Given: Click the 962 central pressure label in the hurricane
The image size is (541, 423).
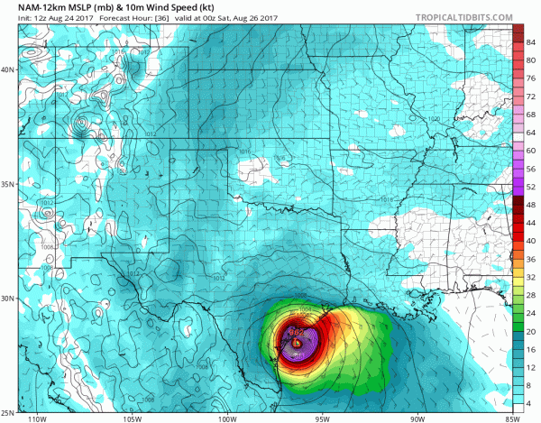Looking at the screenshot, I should (295, 332).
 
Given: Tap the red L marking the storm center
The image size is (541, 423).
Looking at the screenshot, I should (297, 342).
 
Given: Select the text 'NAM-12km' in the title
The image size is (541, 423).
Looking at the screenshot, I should (35, 7).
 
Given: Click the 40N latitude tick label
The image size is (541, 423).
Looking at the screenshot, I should (8, 69).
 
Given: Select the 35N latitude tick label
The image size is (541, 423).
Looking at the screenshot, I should (8, 184).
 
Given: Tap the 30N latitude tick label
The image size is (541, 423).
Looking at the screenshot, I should (8, 298).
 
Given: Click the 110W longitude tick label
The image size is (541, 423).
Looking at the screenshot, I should (37, 418).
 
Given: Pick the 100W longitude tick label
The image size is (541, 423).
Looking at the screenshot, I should (226, 418).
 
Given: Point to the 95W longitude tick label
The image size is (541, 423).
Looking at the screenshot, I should (322, 418).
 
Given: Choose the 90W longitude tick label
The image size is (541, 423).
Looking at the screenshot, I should (417, 418).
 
